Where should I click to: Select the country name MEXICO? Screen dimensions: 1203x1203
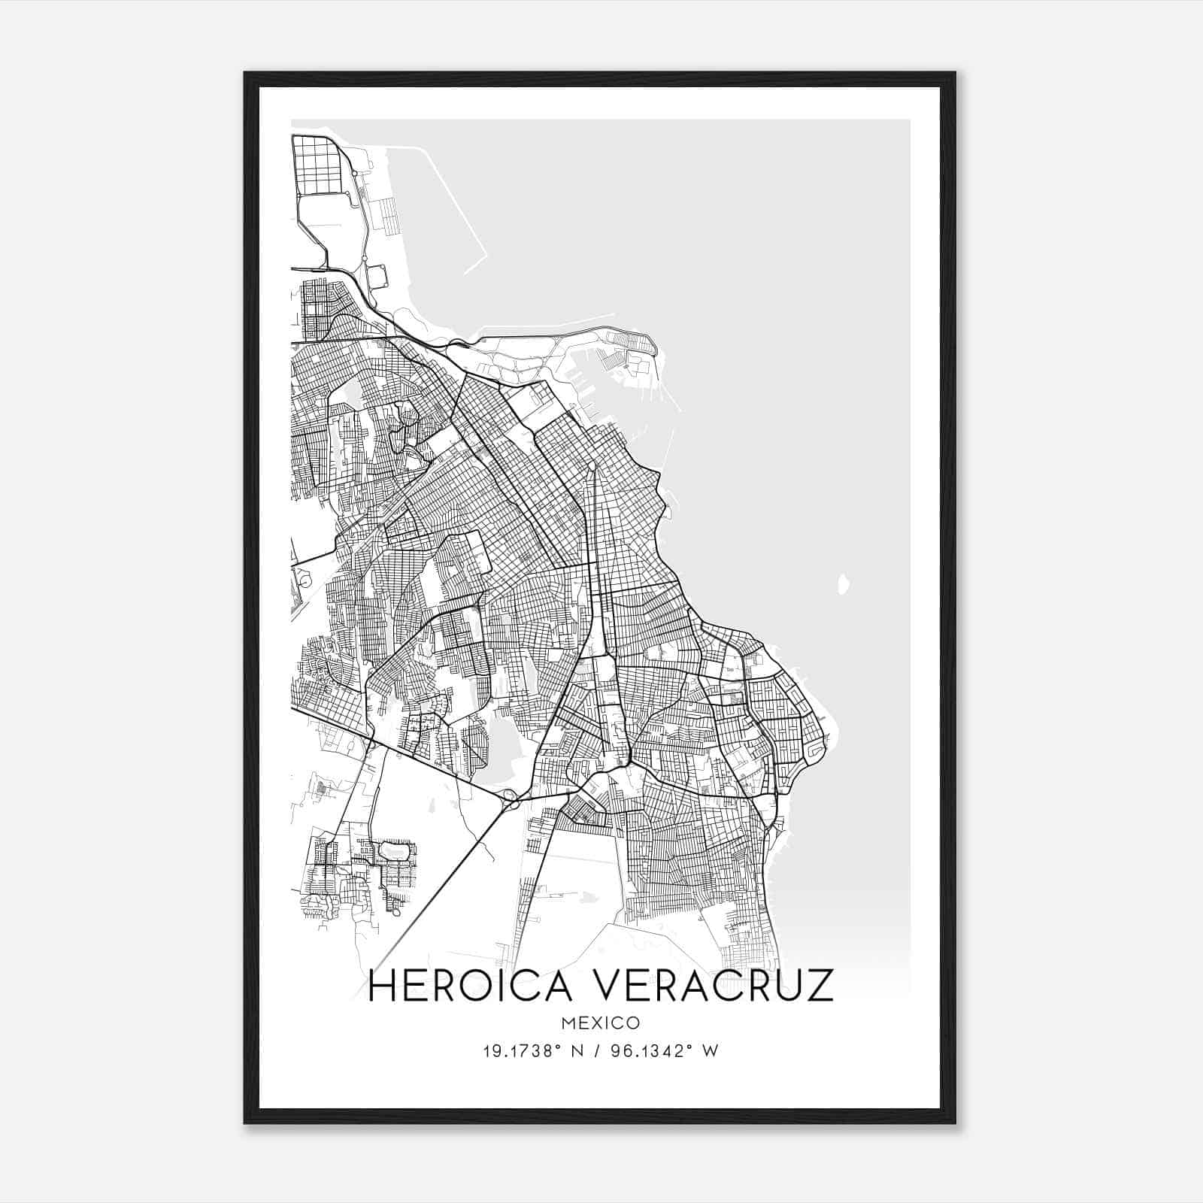pos(601,1023)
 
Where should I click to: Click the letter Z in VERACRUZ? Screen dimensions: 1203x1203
pos(820,986)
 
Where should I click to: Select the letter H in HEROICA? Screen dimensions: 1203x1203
pos(382,986)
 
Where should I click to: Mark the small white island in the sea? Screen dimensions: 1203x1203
pos(843,584)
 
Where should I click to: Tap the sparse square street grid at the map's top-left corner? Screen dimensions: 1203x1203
pos(317,164)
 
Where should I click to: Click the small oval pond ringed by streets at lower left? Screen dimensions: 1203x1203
pos(395,851)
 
